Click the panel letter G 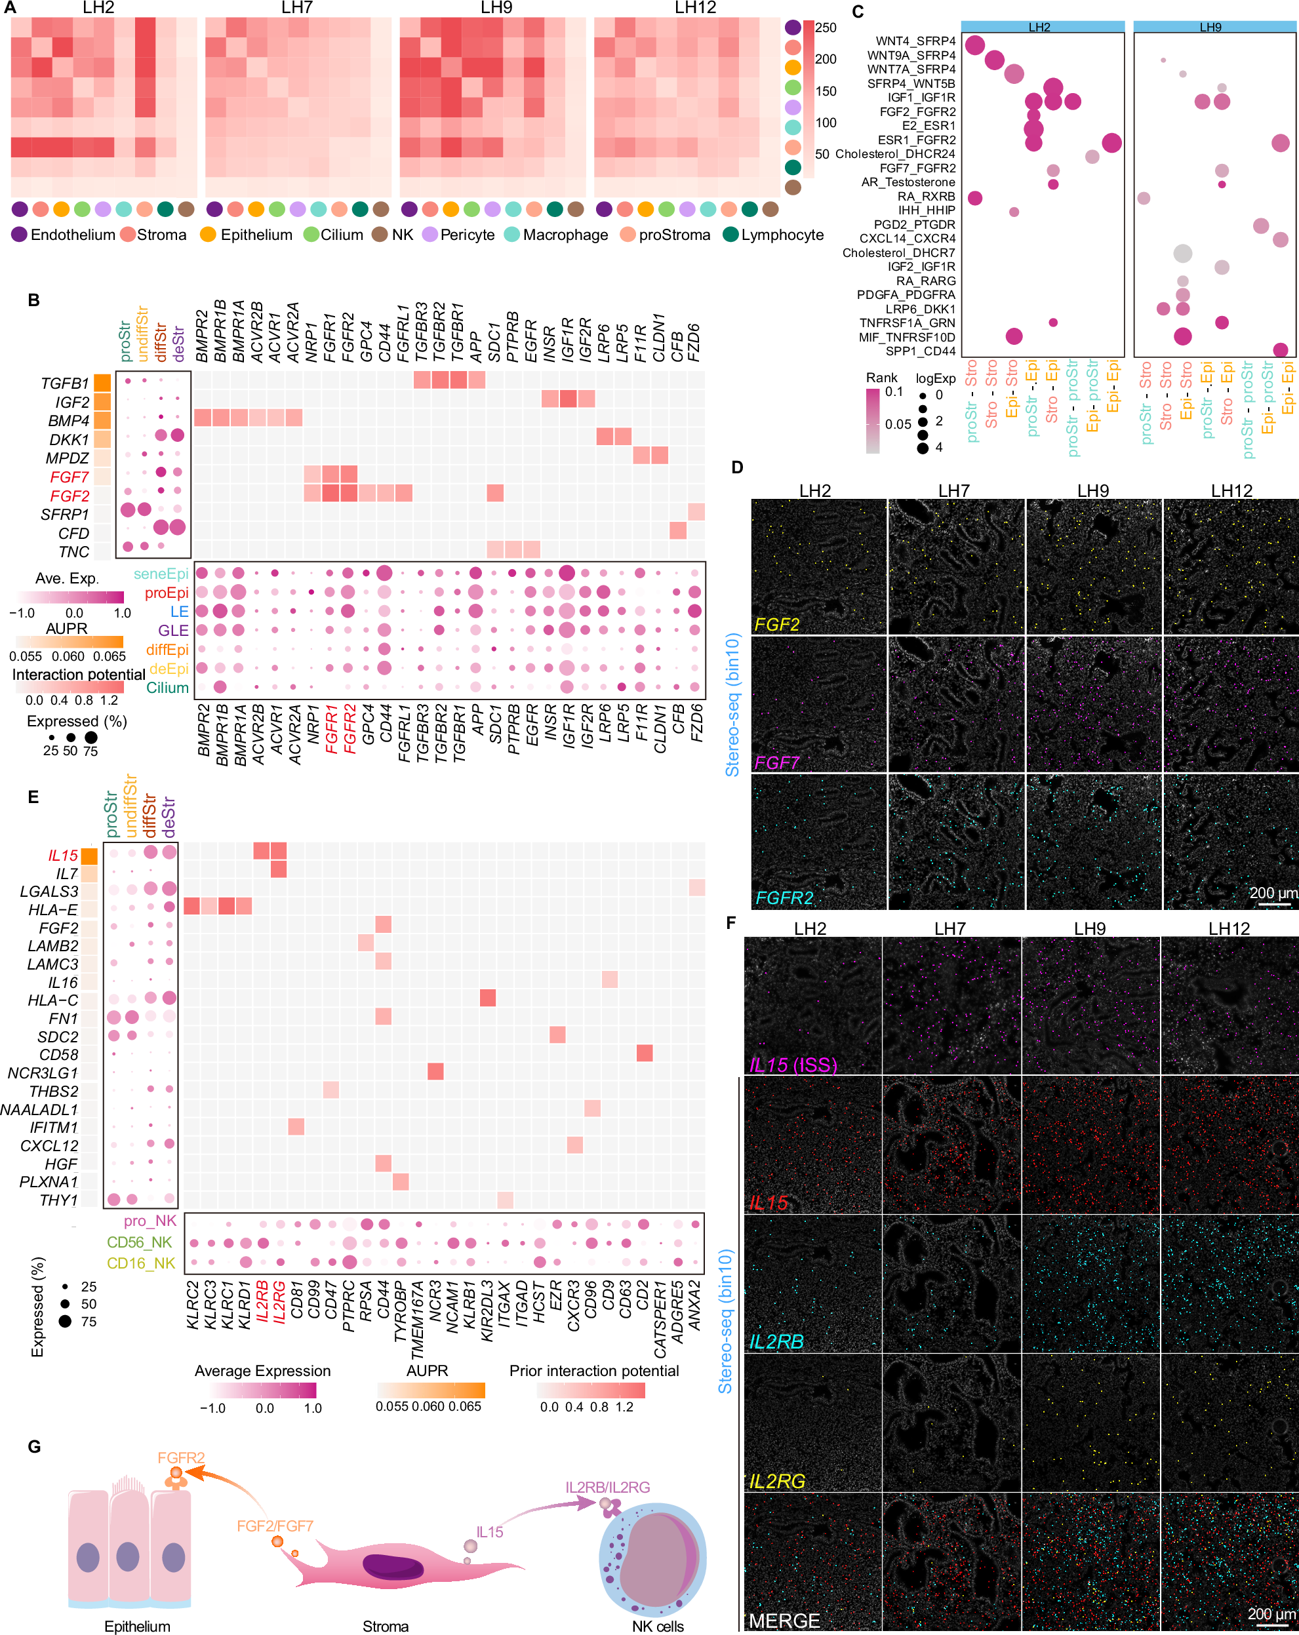pyautogui.click(x=34, y=1446)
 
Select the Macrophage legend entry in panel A pyautogui.click(x=564, y=235)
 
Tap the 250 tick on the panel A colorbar pyautogui.click(x=826, y=28)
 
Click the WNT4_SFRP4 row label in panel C pyautogui.click(x=915, y=41)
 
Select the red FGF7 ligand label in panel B pyautogui.click(x=69, y=477)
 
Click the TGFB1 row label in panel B pyautogui.click(x=64, y=384)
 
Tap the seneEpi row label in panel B pyautogui.click(x=161, y=574)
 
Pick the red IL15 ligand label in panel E pyautogui.click(x=63, y=856)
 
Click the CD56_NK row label pyautogui.click(x=140, y=1242)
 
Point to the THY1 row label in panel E pyautogui.click(x=58, y=1200)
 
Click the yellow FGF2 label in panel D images pyautogui.click(x=776, y=624)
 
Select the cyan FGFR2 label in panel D pyautogui.click(x=784, y=898)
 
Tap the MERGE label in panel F pyautogui.click(x=784, y=1621)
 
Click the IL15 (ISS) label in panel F pyautogui.click(x=793, y=1065)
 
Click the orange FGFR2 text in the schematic pyautogui.click(x=181, y=1457)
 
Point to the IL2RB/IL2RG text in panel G pyautogui.click(x=607, y=1487)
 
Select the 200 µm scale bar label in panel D pyautogui.click(x=1273, y=894)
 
